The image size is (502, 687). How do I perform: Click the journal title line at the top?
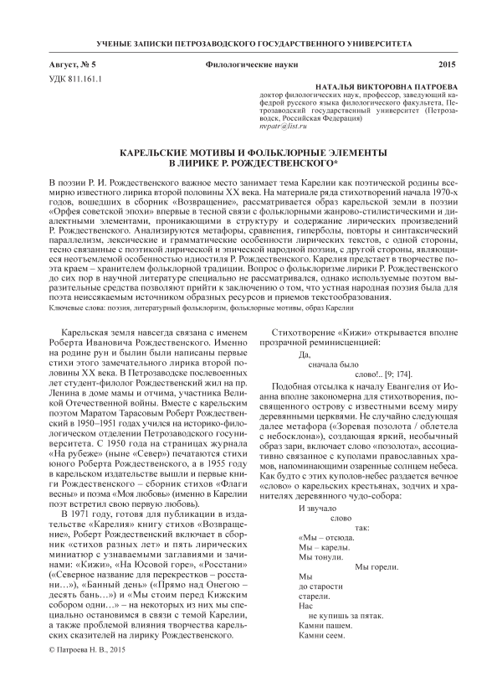250,42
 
